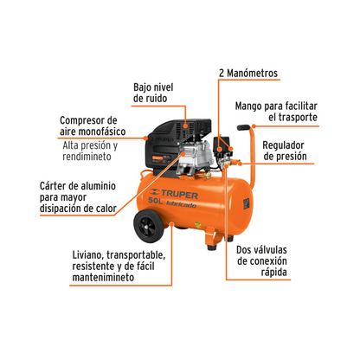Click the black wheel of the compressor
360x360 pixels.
(148, 226)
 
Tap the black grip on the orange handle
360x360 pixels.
(244, 127)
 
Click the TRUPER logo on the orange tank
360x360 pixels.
(174, 194)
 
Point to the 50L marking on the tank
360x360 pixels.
(155, 201)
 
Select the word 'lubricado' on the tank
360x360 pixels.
(181, 204)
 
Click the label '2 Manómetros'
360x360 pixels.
(248, 73)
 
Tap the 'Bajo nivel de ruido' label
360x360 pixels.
(153, 93)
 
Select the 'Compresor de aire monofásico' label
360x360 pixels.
(93, 125)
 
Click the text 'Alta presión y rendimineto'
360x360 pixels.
(90, 151)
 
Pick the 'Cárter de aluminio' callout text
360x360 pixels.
(78, 197)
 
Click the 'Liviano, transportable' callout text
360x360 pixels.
(119, 266)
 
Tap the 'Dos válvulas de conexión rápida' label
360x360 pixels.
(261, 260)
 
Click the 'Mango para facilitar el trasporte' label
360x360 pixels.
(276, 112)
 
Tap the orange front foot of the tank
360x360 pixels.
(214, 238)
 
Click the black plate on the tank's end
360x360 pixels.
(247, 204)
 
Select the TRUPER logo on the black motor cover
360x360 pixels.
(162, 139)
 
